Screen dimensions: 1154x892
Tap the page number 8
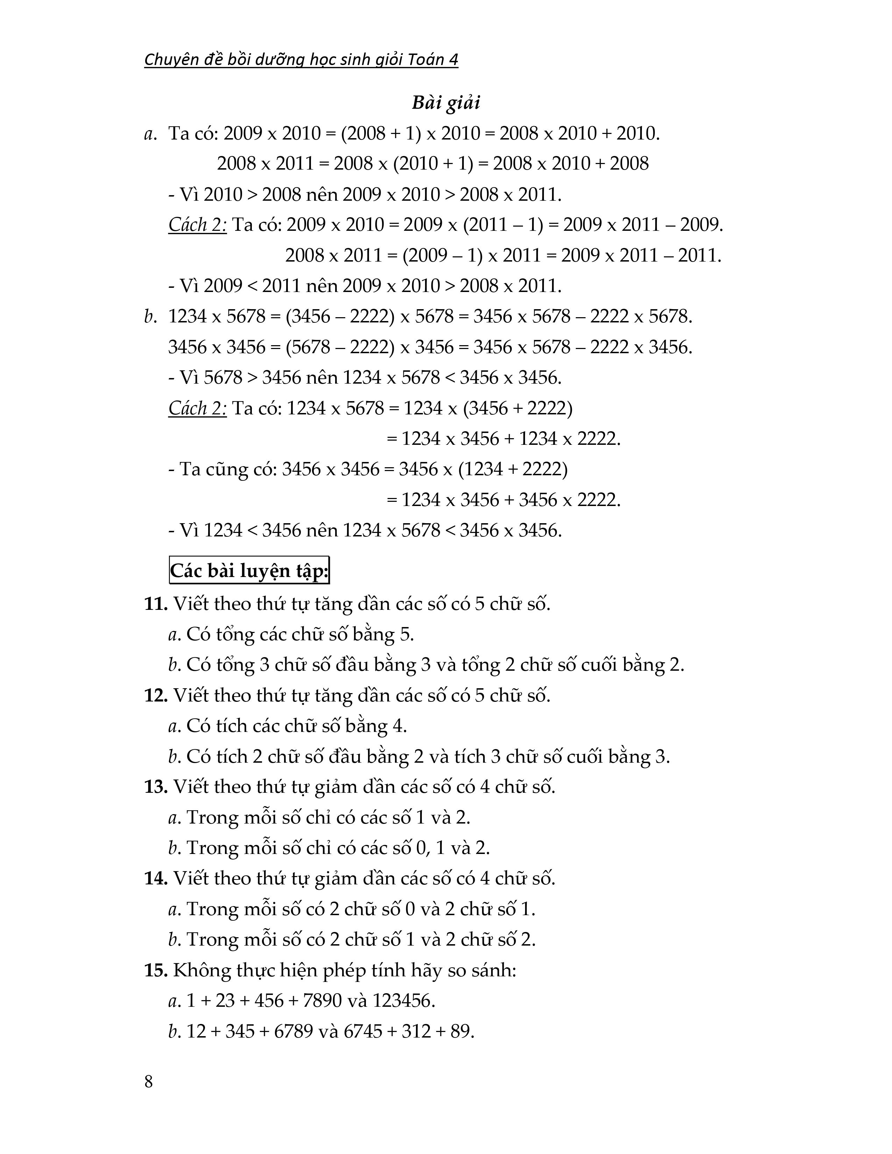[x=148, y=1082]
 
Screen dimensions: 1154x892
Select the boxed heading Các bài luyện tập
[x=249, y=571]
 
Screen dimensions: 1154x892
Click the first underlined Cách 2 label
[x=197, y=225]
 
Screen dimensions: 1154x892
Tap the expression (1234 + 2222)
[x=512, y=469]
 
